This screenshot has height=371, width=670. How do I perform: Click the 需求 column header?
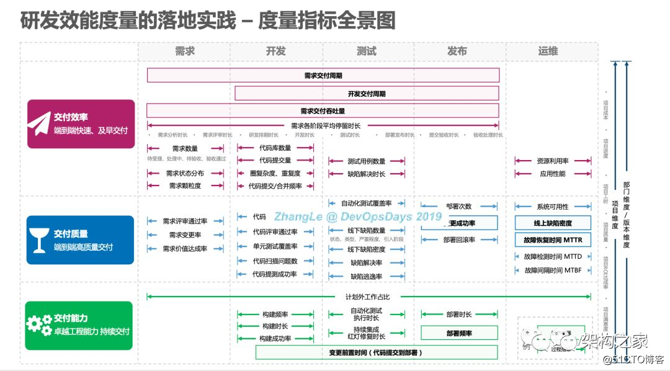pos(184,51)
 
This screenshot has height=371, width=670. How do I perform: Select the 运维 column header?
pos(548,51)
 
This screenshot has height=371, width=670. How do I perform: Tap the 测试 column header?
pos(366,51)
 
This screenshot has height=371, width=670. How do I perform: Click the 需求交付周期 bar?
pos(323,76)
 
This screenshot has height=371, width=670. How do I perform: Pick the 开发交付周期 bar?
pos(367,94)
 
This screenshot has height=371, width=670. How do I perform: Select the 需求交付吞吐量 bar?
pos(323,111)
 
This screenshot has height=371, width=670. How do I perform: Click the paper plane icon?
pos(39,123)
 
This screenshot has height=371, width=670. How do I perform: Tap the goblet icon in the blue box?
pos(40,239)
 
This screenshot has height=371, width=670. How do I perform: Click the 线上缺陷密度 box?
pos(553,223)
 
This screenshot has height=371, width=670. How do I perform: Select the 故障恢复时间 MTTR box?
pos(553,239)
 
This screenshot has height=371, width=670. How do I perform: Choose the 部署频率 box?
pos(459,333)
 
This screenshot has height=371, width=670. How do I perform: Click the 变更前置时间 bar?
pos(377,352)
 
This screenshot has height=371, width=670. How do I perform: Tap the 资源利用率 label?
pos(553,161)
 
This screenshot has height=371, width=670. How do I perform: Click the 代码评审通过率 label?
pos(275,232)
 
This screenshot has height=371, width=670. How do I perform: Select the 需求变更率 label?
pos(185,235)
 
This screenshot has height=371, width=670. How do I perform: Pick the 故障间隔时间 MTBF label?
pos(553,270)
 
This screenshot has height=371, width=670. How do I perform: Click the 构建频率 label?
pos(275,315)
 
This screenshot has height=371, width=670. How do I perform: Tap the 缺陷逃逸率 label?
pos(366,277)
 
